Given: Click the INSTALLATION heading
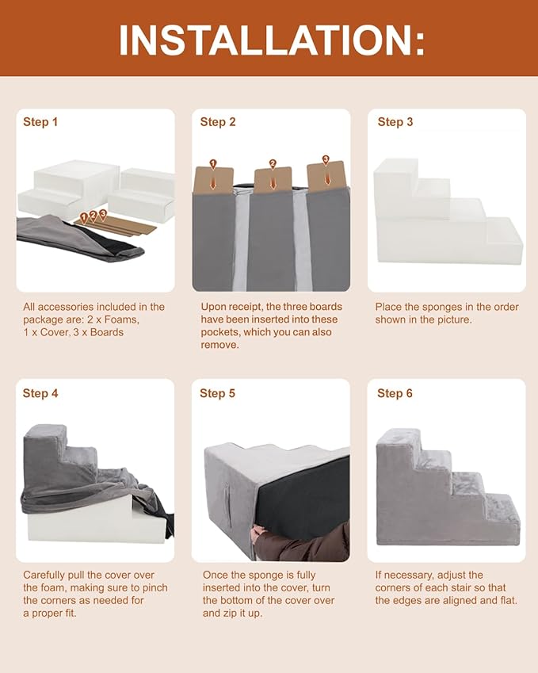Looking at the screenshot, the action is tap(272, 40).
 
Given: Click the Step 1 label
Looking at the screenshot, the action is tap(40, 122).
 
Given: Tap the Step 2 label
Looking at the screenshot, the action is tap(218, 122).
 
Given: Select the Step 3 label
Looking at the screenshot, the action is tap(395, 122).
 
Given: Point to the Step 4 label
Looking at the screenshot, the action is tap(40, 393).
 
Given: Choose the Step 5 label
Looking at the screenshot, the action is tap(218, 393).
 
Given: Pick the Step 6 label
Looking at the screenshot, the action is tap(395, 393).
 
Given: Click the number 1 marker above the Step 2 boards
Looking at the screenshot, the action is tap(213, 164).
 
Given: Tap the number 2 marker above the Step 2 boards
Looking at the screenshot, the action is tap(273, 164).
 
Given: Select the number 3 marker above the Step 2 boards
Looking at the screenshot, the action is tap(326, 160).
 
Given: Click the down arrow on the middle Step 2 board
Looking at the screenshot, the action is tap(273, 182).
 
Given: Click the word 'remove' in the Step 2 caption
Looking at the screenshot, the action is tap(219, 345).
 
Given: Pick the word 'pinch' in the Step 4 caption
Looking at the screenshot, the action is tap(154, 587).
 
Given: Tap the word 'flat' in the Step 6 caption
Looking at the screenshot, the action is tap(509, 600).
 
